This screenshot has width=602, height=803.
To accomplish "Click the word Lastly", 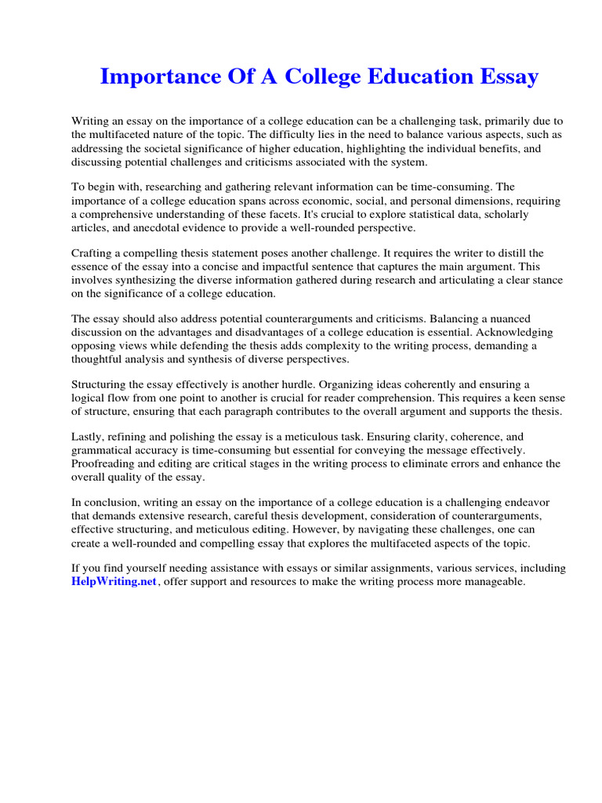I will pyautogui.click(x=89, y=438).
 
